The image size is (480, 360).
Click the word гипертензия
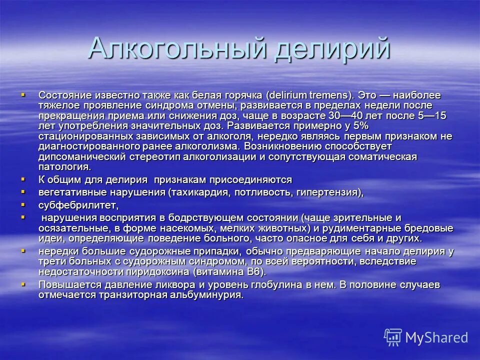point(327,192)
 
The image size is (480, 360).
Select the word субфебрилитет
point(78,205)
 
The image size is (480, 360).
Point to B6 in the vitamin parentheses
point(255,272)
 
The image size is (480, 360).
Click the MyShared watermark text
point(436,337)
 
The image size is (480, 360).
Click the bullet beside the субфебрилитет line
point(22,204)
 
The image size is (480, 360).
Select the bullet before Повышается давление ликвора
point(22,284)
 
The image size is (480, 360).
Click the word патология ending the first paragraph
point(65,167)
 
